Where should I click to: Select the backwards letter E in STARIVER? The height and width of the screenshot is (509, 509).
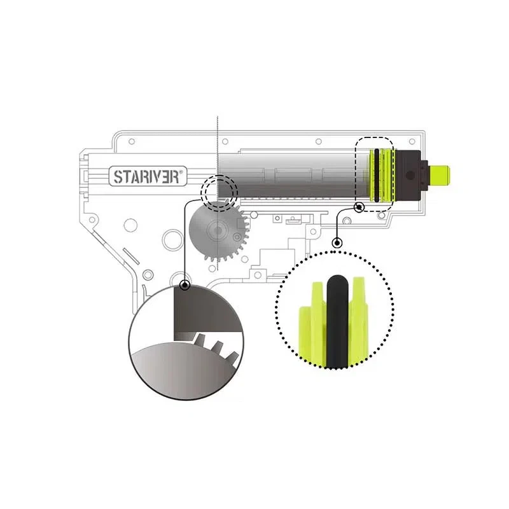point(165,178)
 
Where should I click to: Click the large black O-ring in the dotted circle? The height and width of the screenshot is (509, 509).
point(338,321)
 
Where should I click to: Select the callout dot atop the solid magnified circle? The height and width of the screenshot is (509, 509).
point(185,285)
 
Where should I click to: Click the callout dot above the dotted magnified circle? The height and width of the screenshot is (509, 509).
point(338,242)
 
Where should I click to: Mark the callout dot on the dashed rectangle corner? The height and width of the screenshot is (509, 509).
point(359,207)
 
